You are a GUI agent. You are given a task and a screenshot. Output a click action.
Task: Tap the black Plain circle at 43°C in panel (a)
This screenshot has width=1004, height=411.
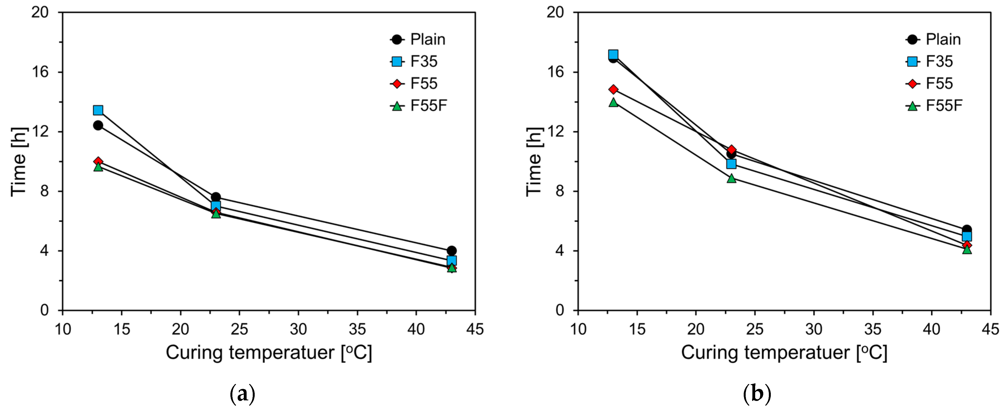coord(452,251)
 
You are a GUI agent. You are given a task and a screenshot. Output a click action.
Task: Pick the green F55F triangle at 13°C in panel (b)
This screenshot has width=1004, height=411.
coord(614,103)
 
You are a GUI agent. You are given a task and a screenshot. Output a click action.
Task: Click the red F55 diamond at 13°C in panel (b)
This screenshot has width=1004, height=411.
coord(614,89)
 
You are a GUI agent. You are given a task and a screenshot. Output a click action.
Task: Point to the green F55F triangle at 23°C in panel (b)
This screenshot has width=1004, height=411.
coord(731,179)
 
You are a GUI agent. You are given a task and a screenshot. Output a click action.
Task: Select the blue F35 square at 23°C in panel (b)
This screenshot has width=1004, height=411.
coord(731,164)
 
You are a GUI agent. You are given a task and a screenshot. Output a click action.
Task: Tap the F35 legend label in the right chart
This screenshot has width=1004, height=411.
coord(939,62)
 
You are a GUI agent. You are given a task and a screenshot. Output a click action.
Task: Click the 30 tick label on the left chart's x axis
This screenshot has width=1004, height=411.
coord(298,329)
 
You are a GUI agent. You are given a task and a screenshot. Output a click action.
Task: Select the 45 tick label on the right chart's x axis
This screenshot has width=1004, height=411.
coord(990,329)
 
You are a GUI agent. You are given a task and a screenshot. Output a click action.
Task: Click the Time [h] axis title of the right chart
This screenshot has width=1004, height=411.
coord(534,162)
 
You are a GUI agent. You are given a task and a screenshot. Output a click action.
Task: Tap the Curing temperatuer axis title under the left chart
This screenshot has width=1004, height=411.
coord(269,353)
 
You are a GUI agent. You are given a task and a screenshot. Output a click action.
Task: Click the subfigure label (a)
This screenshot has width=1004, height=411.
coord(243,394)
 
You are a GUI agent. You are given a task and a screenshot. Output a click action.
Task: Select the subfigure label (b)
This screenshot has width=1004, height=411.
coord(757,394)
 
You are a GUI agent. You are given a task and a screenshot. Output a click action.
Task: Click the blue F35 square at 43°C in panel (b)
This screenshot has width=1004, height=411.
coord(967,236)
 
